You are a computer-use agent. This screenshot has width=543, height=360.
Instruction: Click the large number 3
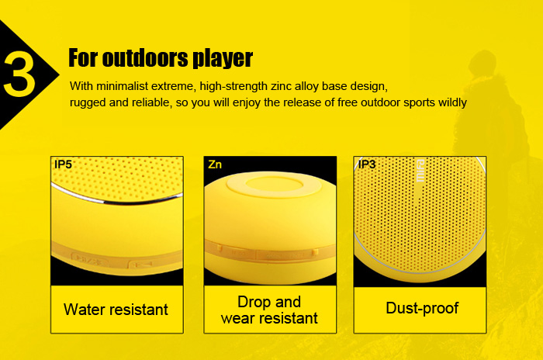(x=19, y=74)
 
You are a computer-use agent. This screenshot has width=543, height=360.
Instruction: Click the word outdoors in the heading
(x=146, y=57)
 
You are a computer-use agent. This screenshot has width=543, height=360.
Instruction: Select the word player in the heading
(x=223, y=59)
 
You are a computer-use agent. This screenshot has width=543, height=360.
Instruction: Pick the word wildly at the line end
(x=452, y=102)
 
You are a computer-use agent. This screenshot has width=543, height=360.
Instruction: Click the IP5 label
(x=63, y=164)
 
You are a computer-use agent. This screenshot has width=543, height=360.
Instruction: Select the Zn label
(x=215, y=164)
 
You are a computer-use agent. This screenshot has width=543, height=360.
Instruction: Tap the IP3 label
(x=367, y=164)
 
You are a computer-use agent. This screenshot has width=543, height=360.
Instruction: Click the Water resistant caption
(x=116, y=310)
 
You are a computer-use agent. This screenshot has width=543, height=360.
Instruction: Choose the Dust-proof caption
(x=422, y=308)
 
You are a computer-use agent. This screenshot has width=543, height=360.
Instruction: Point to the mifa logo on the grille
(x=420, y=171)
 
